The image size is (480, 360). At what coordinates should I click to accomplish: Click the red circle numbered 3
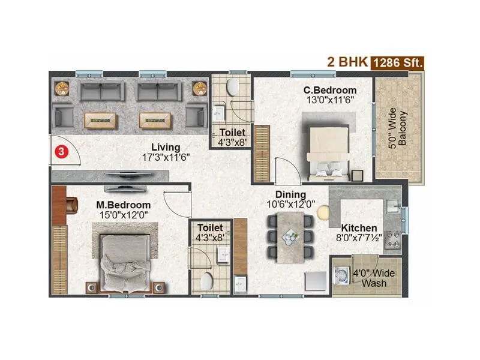point(60,152)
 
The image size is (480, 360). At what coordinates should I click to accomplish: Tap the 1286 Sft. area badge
point(398,62)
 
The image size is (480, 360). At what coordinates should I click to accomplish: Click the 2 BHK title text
point(346,62)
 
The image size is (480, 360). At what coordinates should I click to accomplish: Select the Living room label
point(166,147)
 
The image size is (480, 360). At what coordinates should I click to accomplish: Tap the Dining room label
point(290,195)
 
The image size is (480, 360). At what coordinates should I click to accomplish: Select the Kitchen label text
point(359,228)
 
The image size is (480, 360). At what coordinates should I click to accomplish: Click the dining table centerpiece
point(290,236)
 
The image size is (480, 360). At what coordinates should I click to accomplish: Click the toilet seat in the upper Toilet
point(232,88)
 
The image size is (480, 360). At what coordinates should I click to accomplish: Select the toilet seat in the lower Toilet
point(207,280)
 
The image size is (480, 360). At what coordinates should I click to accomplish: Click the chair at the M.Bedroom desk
point(71,205)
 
